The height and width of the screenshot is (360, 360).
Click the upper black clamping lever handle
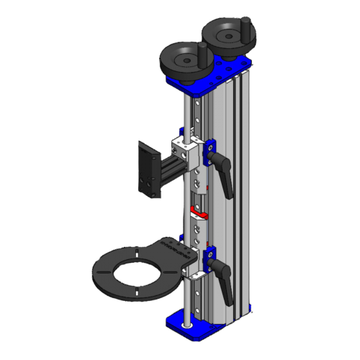tap(225, 178)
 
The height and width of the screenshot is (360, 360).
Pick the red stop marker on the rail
tap(197, 214)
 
